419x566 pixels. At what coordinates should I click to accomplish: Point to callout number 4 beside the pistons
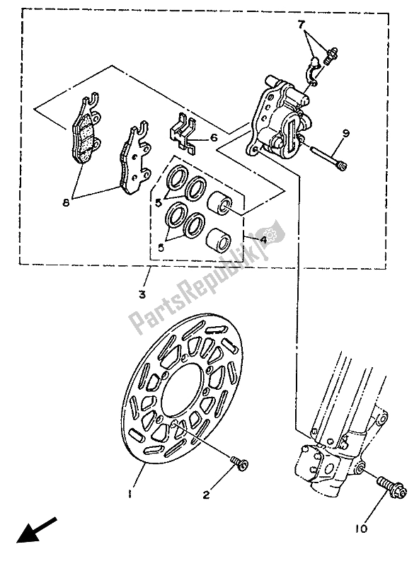point(263,240)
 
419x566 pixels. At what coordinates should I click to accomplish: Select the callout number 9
point(346,132)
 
